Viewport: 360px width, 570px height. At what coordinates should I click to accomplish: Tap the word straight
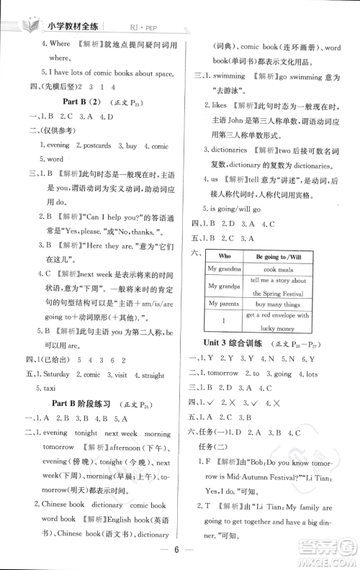(152, 374)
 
